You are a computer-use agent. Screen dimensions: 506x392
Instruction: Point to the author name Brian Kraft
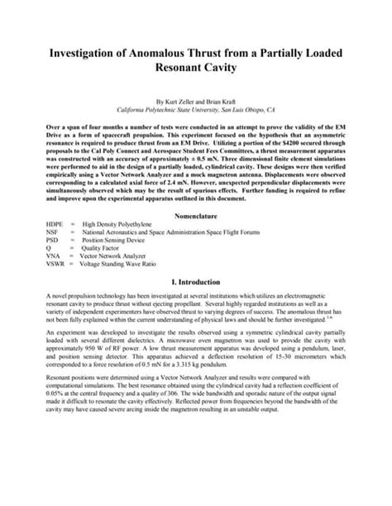(x=230, y=100)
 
